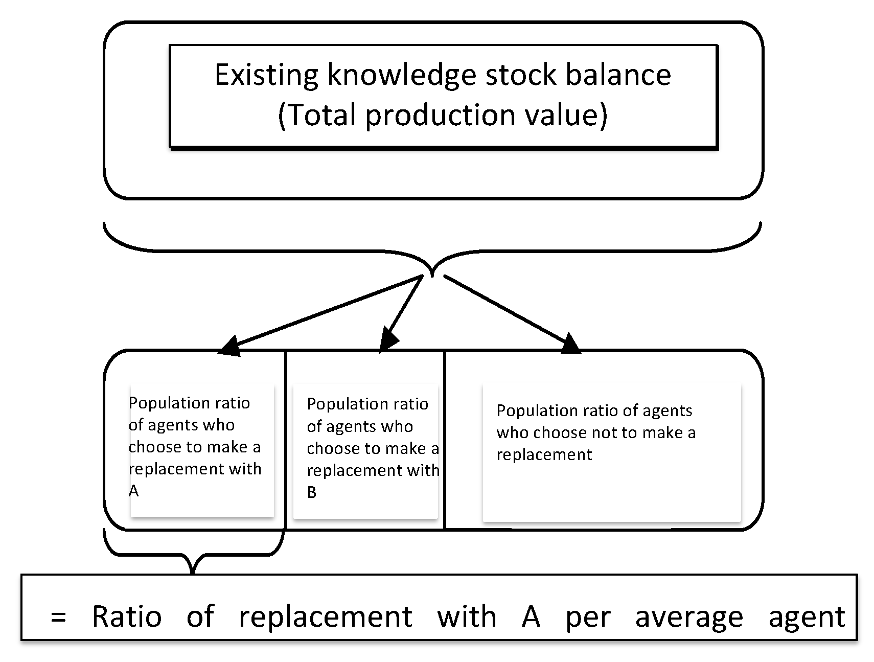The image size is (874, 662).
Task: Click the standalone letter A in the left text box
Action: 133,491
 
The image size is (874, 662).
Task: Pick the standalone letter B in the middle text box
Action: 311,492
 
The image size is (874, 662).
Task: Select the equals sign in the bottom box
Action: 58,618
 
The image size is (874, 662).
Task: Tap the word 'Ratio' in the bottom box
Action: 127,617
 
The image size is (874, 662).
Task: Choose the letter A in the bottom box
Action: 531,617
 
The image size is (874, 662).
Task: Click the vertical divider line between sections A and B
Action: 285,440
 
